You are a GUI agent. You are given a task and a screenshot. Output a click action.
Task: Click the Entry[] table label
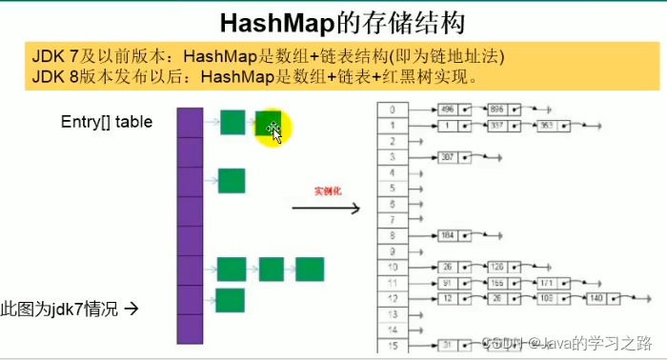[106, 121]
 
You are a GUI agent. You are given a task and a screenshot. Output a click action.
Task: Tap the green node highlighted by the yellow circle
[268, 122]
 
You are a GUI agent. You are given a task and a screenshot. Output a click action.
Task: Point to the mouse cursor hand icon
[276, 132]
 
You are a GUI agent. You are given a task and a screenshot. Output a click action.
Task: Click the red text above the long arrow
[329, 191]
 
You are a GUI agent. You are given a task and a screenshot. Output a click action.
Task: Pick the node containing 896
[498, 110]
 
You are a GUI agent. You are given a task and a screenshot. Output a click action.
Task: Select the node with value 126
[498, 266]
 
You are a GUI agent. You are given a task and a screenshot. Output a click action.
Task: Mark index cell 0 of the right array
[394, 110]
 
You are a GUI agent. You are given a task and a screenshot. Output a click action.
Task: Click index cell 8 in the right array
[394, 234]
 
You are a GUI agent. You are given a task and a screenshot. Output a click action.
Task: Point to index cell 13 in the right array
[394, 312]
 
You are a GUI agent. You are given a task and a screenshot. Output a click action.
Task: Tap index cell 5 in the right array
[394, 188]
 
